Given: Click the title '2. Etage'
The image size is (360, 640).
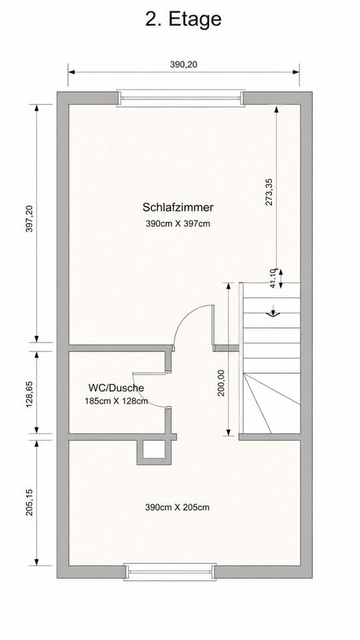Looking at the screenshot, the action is pos(183,19).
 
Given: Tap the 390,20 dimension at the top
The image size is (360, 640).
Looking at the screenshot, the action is pos(183,64).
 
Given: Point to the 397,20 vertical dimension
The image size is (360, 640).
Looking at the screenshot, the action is pos(29,219).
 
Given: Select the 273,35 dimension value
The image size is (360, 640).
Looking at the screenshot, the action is pos(269,191).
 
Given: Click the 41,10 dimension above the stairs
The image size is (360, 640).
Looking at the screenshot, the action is pos(273,279).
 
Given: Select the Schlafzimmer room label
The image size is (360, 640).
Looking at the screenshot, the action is pos(178,207).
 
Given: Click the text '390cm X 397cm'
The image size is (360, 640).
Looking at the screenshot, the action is pos(178,224).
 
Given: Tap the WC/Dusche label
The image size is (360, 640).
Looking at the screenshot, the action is pos(116,388).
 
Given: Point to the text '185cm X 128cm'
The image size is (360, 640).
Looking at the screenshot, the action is pos(116,401).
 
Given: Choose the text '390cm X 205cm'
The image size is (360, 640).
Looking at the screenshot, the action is pos(177,508).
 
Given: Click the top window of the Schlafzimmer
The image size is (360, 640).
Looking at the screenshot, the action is pos(181,98).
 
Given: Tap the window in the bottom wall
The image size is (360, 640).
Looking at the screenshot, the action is pos(170,572).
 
